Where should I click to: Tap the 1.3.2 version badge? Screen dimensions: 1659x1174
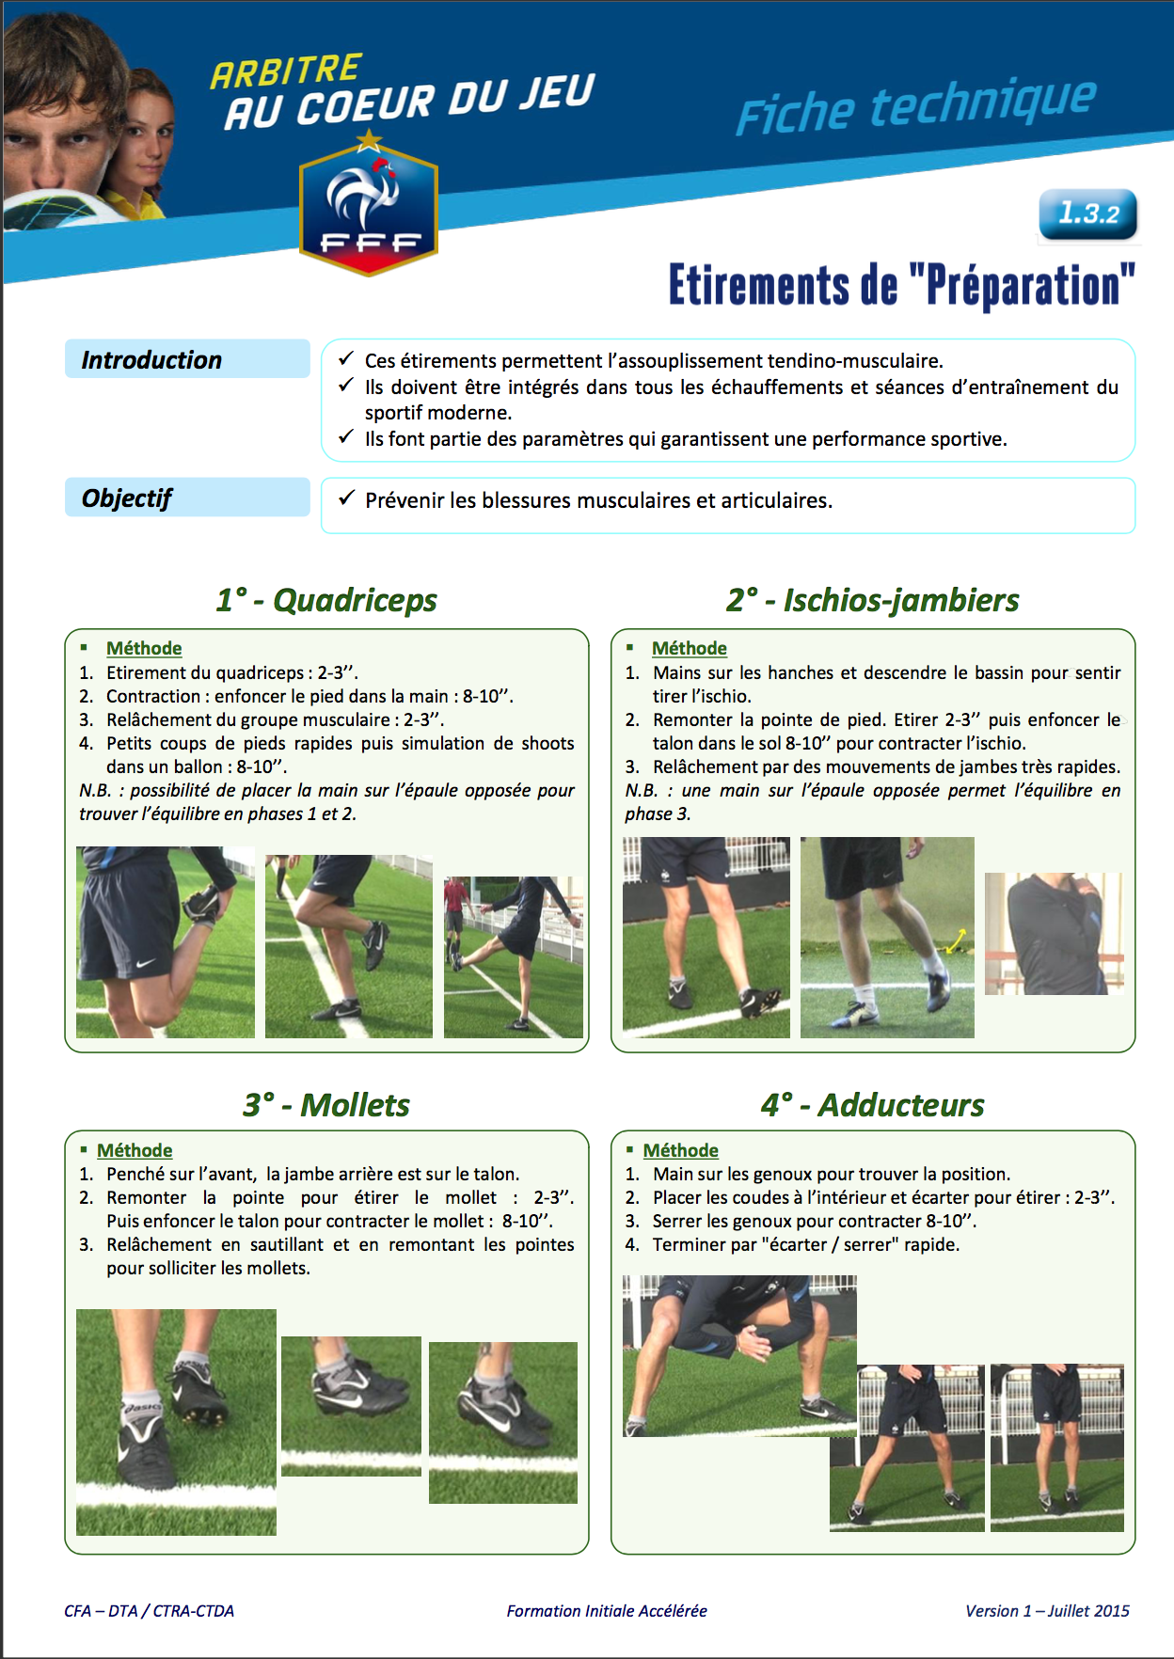1087,213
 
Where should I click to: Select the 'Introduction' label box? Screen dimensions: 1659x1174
187,359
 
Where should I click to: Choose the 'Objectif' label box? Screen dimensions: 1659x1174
187,498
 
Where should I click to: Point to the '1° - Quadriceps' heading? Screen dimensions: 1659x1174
326,600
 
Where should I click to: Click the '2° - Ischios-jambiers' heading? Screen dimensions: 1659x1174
872,600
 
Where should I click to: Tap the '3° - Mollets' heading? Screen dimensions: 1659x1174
326,1105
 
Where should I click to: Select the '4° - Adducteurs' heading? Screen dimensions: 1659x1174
872,1105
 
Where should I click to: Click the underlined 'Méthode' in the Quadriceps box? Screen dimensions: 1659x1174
144,648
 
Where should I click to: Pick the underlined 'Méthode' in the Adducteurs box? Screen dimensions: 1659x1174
680,1150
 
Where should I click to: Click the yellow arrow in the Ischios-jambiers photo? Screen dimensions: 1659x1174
956,940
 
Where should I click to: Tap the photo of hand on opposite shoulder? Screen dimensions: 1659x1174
1054,933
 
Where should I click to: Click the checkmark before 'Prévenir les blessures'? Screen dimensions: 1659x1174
346,498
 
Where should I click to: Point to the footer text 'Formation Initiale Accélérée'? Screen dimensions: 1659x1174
607,1611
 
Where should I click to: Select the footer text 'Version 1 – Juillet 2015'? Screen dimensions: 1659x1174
1047,1611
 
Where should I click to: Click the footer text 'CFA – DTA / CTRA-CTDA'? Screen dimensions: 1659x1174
149,1611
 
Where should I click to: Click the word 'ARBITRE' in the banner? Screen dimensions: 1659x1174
286,71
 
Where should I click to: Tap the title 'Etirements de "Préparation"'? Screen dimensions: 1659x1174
901,286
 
